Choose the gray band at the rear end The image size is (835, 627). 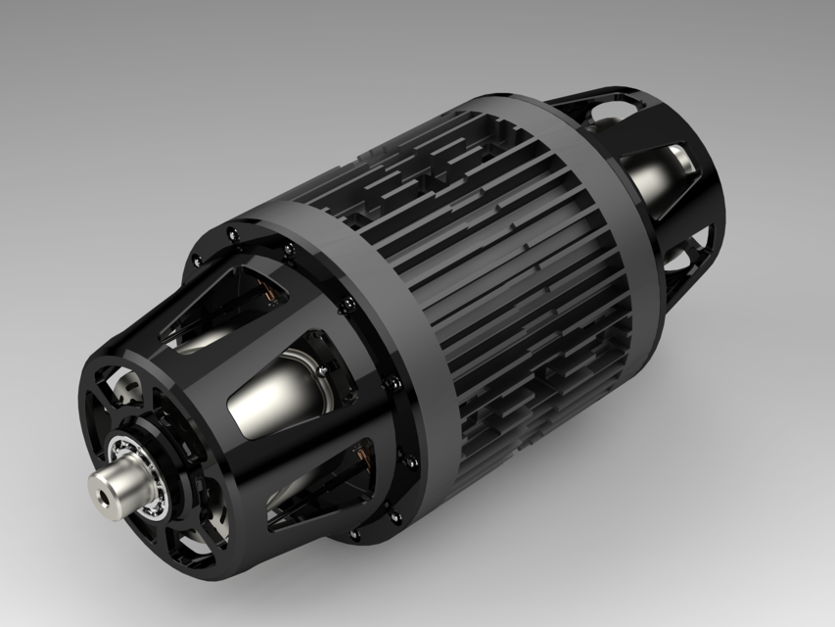pyautogui.click(x=597, y=176)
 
